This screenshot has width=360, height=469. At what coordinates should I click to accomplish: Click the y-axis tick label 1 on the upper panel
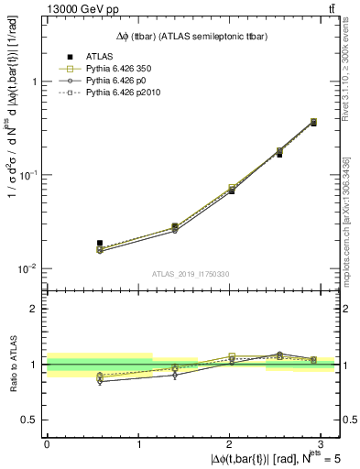click(35, 82)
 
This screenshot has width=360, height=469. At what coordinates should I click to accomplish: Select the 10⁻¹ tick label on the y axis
click(29, 174)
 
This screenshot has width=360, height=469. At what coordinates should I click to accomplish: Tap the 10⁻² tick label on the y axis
click(29, 268)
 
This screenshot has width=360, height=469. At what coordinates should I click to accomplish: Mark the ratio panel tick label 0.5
click(30, 420)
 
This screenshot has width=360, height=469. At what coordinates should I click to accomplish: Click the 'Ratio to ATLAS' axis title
click(12, 364)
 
